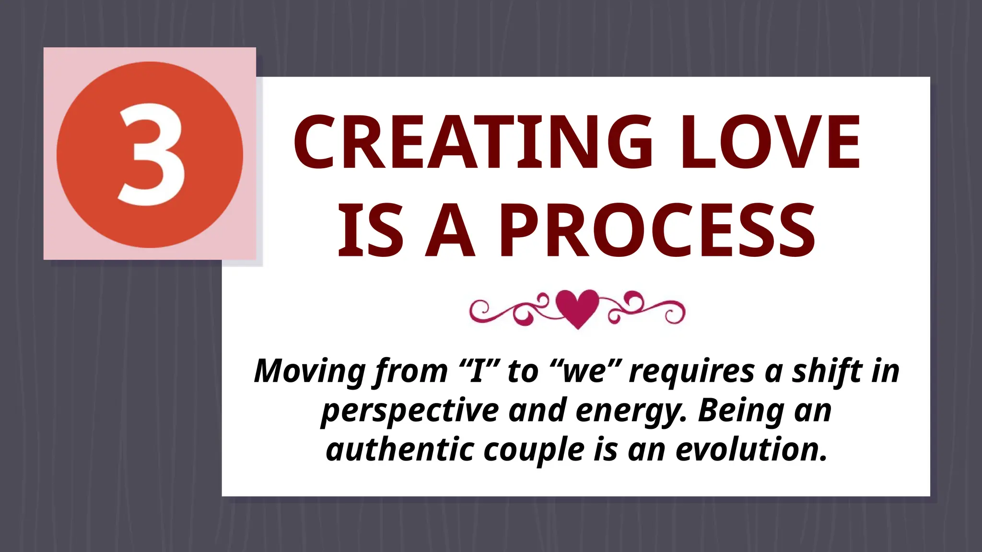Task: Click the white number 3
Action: [151, 156]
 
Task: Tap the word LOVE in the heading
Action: [770, 142]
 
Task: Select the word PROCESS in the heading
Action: [657, 230]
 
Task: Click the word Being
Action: [741, 410]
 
